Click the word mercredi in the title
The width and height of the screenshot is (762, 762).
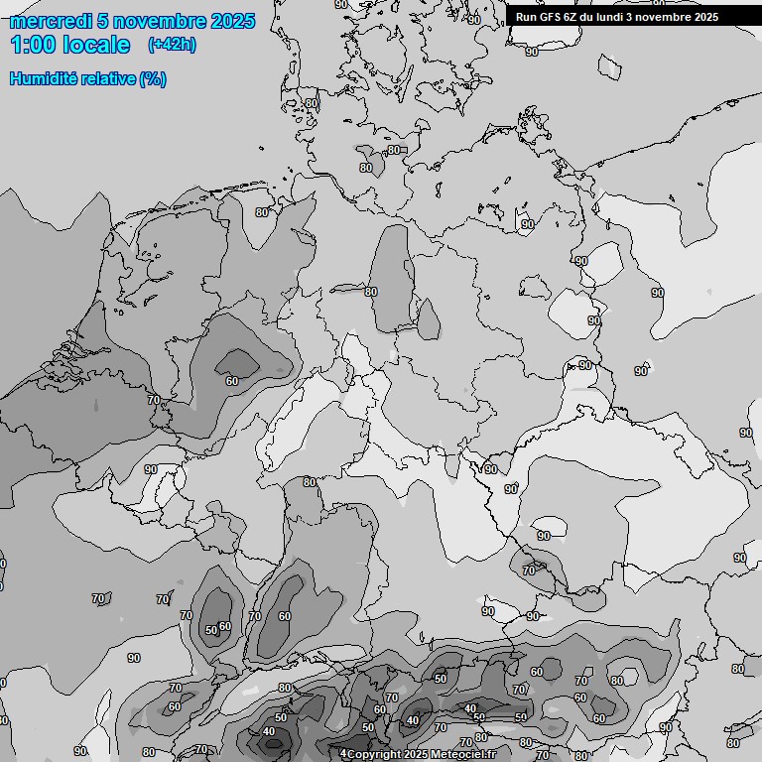[51, 21]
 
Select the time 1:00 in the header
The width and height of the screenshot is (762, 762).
[33, 46]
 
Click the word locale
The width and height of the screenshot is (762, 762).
[95, 46]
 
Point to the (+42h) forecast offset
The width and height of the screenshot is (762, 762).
[172, 45]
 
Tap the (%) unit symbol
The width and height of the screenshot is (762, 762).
[153, 78]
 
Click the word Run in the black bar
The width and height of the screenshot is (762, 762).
[526, 17]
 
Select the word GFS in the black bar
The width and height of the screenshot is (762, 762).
[550, 17]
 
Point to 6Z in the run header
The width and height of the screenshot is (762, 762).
[572, 17]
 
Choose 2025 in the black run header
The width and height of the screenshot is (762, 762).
[705, 17]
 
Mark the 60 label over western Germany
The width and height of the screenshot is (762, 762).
[232, 380]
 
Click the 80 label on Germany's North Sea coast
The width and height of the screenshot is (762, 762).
[262, 211]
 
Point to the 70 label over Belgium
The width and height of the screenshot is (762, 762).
[153, 400]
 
